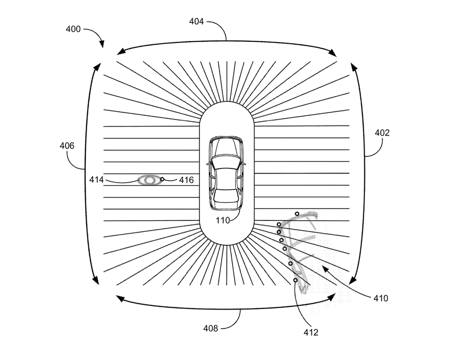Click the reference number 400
tap(73, 29)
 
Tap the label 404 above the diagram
tap(196, 21)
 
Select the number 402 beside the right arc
tap(382, 133)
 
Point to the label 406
tap(67, 146)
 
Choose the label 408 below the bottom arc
tap(211, 329)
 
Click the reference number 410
tap(381, 299)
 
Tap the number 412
tap(311, 332)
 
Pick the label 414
tap(96, 180)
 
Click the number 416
tap(186, 180)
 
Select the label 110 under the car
tap(223, 220)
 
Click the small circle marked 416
tap(162, 179)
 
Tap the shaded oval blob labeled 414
tap(149, 180)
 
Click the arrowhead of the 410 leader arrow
tap(325, 270)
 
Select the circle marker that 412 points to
tap(295, 280)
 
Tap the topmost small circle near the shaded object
tap(297, 214)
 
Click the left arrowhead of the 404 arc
tap(121, 51)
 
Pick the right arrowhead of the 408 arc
tap(332, 297)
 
